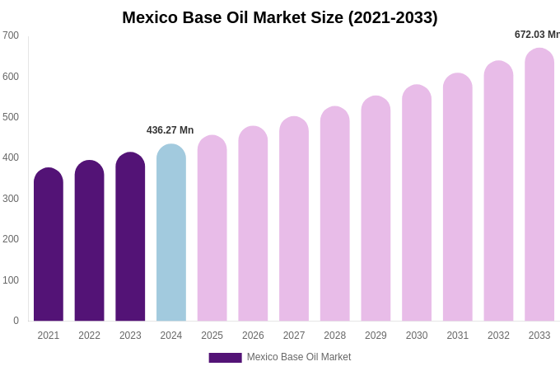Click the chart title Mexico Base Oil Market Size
click(280, 17)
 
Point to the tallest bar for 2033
click(539, 185)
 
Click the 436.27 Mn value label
click(170, 130)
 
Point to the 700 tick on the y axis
click(11, 35)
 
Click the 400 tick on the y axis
click(11, 157)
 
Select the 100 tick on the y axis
click(11, 280)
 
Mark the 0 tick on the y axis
click(16, 321)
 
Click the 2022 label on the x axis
click(89, 336)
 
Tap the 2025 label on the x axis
click(212, 336)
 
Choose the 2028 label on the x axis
click(334, 336)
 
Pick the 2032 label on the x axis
click(498, 336)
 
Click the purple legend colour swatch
click(225, 358)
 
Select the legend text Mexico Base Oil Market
click(299, 357)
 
